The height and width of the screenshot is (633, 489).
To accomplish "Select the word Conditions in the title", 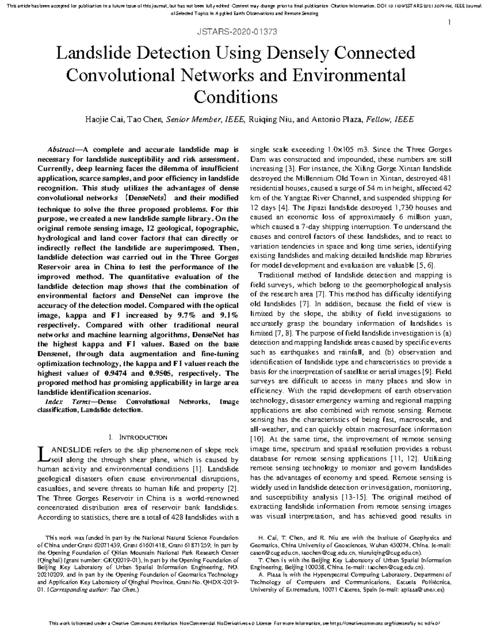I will [236, 97].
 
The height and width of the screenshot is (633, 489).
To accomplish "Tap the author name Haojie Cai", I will [104, 119].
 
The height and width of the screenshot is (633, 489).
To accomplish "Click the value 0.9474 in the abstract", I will [117, 373].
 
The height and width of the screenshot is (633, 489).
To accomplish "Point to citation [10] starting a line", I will [257, 439].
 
